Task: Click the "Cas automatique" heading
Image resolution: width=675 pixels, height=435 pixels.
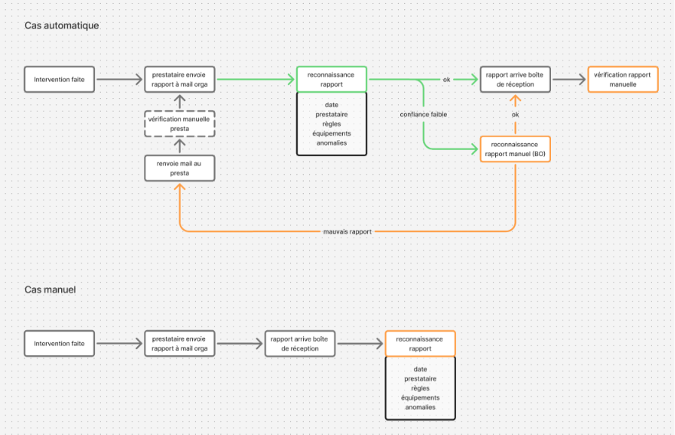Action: pyautogui.click(x=61, y=25)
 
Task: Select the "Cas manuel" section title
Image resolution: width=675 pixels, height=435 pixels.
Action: pyautogui.click(x=50, y=289)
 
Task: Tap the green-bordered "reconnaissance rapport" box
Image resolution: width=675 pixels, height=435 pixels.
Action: pyautogui.click(x=331, y=79)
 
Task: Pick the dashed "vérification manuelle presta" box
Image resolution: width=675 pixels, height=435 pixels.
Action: pyautogui.click(x=180, y=123)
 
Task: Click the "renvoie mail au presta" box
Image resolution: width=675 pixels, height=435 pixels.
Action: pyautogui.click(x=180, y=168)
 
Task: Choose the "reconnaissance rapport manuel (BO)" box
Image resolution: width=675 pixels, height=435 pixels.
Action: pyautogui.click(x=515, y=149)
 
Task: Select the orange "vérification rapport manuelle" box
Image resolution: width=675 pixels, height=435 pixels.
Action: pyautogui.click(x=623, y=79)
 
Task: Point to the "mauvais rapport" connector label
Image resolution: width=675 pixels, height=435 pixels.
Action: pyautogui.click(x=347, y=232)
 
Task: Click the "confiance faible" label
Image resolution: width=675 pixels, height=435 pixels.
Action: pyautogui.click(x=423, y=115)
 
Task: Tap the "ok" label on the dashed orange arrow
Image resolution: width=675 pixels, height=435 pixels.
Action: pyautogui.click(x=515, y=115)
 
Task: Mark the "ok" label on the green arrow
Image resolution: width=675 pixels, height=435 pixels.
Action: pyautogui.click(x=446, y=80)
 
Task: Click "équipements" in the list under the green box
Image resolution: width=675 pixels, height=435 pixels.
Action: pyautogui.click(x=331, y=133)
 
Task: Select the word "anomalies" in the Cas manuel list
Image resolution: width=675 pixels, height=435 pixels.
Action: pyautogui.click(x=420, y=407)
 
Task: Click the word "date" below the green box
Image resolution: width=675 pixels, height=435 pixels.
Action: pyautogui.click(x=331, y=105)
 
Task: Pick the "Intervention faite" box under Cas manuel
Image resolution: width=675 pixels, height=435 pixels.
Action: pyautogui.click(x=60, y=344)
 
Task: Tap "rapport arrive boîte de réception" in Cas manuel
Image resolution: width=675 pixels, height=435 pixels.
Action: pyautogui.click(x=300, y=344)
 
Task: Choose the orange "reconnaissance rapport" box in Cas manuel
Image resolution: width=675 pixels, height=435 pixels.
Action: pyautogui.click(x=420, y=344)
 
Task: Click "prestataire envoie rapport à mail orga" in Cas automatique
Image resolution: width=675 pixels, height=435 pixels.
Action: pyautogui.click(x=180, y=79)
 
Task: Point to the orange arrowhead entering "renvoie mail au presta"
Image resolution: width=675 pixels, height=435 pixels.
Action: pyautogui.click(x=180, y=186)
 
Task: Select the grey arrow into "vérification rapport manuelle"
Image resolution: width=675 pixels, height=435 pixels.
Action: pyautogui.click(x=569, y=79)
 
